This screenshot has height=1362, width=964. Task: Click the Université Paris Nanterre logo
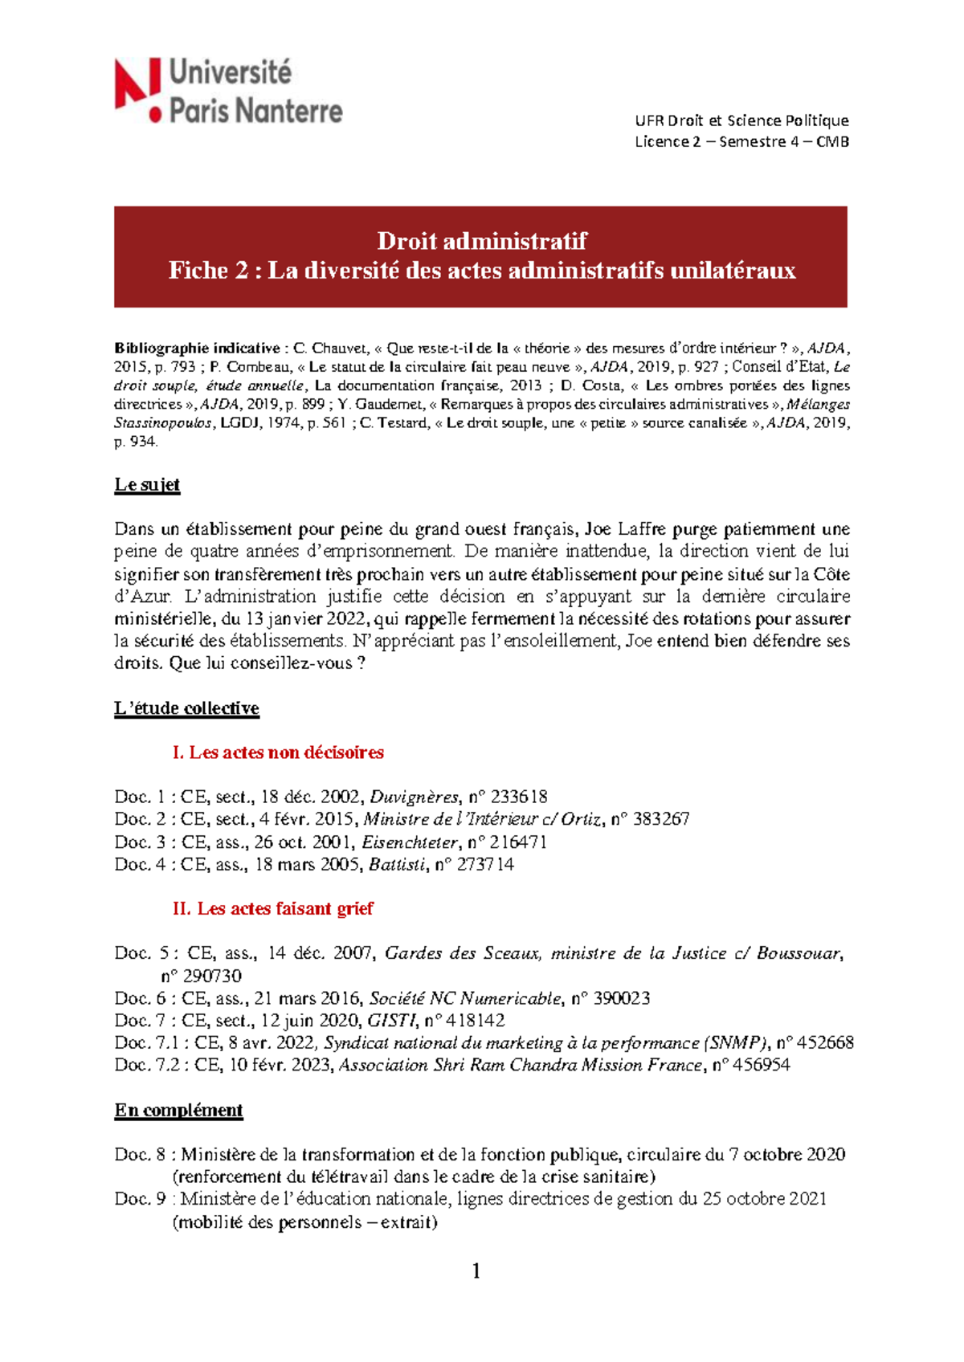point(229,91)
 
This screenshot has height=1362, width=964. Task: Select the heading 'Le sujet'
point(147,485)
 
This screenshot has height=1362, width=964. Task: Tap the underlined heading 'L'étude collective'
point(186,708)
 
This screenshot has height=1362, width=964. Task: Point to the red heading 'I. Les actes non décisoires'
point(278,752)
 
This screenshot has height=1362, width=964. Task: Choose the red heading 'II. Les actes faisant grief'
point(272,908)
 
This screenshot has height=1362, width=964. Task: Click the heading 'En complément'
point(178,1110)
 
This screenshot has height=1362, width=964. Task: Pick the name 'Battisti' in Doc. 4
point(397,865)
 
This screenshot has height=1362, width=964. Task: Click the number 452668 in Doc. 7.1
point(824,1043)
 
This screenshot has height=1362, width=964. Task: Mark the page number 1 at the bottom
point(476,1270)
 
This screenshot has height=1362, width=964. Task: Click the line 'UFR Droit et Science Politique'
point(741,120)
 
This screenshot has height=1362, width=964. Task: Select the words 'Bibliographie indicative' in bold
point(197,349)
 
